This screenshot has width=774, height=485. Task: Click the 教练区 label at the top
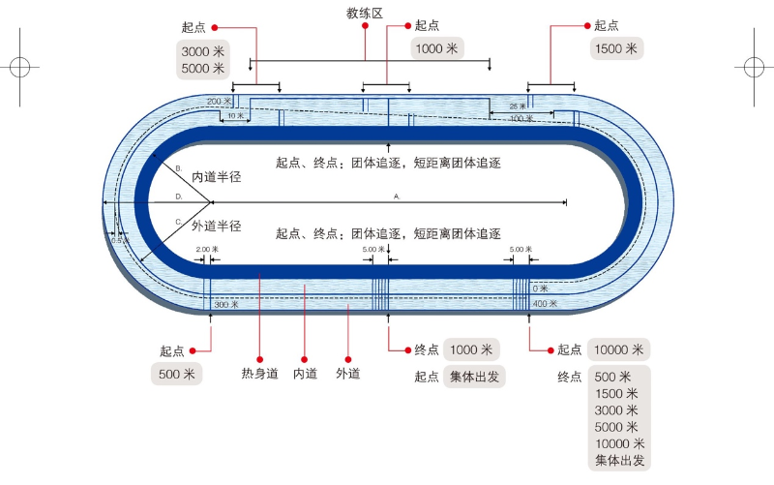click(x=365, y=13)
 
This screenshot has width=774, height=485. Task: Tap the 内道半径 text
click(x=216, y=177)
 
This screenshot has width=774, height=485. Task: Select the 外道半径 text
click(x=216, y=226)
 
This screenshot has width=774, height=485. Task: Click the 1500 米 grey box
click(x=616, y=48)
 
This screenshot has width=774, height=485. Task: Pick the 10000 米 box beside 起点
click(x=620, y=349)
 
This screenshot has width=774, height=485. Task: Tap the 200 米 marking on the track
click(x=219, y=101)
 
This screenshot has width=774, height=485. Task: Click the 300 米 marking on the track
click(x=225, y=304)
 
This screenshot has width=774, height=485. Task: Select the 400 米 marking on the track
click(x=546, y=304)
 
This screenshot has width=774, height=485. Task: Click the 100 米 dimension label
click(x=521, y=118)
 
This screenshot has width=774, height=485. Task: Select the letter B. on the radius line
click(x=178, y=167)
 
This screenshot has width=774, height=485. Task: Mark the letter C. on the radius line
click(x=178, y=222)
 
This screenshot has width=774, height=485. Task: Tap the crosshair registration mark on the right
click(x=753, y=67)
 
